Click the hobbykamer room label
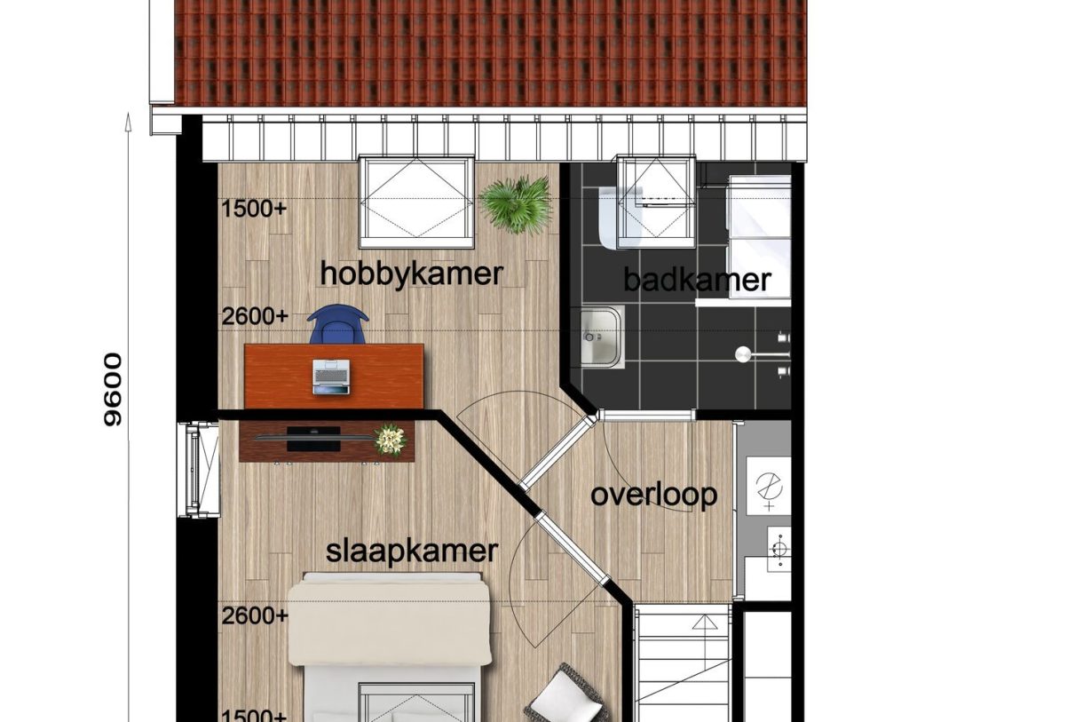pyautogui.click(x=411, y=274)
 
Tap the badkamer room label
pyautogui.click(x=697, y=280)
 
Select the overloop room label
pyautogui.click(x=654, y=495)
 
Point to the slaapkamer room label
pyautogui.click(x=412, y=551)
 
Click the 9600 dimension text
pyautogui.click(x=113, y=389)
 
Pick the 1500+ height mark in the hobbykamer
pyautogui.click(x=255, y=210)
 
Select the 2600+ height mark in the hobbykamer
pyautogui.click(x=255, y=316)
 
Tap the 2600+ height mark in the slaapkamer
pyautogui.click(x=255, y=615)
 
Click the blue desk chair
pyautogui.click(x=337, y=325)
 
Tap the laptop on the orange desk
pyautogui.click(x=331, y=377)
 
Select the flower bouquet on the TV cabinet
pyautogui.click(x=389, y=439)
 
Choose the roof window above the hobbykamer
pyautogui.click(x=415, y=202)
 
